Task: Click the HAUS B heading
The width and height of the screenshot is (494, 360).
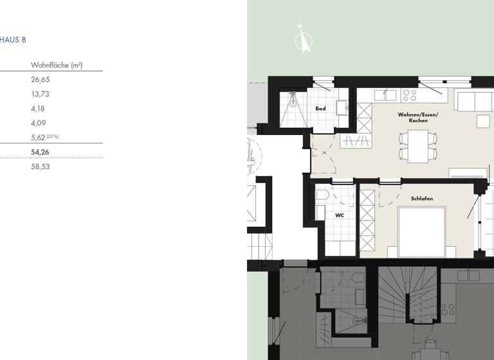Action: coord(13,40)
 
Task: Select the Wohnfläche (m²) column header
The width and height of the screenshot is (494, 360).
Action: coord(57,66)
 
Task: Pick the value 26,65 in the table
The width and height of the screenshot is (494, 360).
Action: coord(40,80)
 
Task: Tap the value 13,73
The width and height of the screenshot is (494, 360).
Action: coord(40,94)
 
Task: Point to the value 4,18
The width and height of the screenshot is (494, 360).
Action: coord(38,109)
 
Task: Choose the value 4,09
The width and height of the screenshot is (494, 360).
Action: coord(38,123)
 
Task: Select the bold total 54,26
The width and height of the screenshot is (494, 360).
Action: coord(41,152)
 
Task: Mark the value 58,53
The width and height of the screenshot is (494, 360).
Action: coord(40,166)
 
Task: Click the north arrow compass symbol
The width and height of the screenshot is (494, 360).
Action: coord(302,39)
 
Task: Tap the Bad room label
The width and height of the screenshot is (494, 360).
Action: coord(320,109)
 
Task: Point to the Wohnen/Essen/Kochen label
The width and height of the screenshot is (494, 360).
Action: coord(417,118)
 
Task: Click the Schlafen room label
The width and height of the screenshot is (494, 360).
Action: coord(422,199)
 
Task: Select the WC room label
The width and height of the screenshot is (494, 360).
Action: coord(340,215)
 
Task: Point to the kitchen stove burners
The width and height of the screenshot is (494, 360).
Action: coord(410,95)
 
